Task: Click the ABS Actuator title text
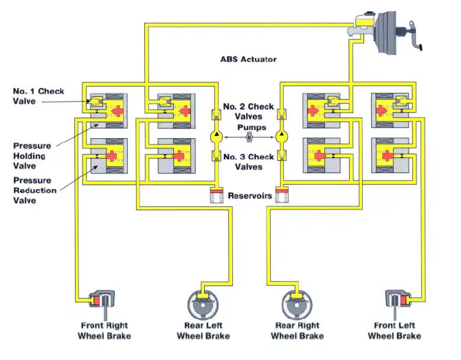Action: coord(249,59)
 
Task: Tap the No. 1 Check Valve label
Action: coord(38,96)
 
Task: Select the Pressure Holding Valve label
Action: coord(32,156)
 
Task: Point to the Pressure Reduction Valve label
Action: coord(34,190)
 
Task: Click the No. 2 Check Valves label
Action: coord(249,111)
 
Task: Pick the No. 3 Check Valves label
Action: coord(249,161)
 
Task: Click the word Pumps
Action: coord(251,127)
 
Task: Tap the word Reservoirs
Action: coord(250,196)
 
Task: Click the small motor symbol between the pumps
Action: coord(249,137)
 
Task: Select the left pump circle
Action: coord(216,137)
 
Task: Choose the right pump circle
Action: coord(282,137)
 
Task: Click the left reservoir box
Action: coord(216,195)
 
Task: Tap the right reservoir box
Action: coord(282,195)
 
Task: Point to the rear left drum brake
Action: coord(203,305)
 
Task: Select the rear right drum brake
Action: coord(297,305)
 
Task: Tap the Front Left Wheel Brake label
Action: coord(394,330)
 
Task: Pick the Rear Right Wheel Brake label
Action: coord(297,330)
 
